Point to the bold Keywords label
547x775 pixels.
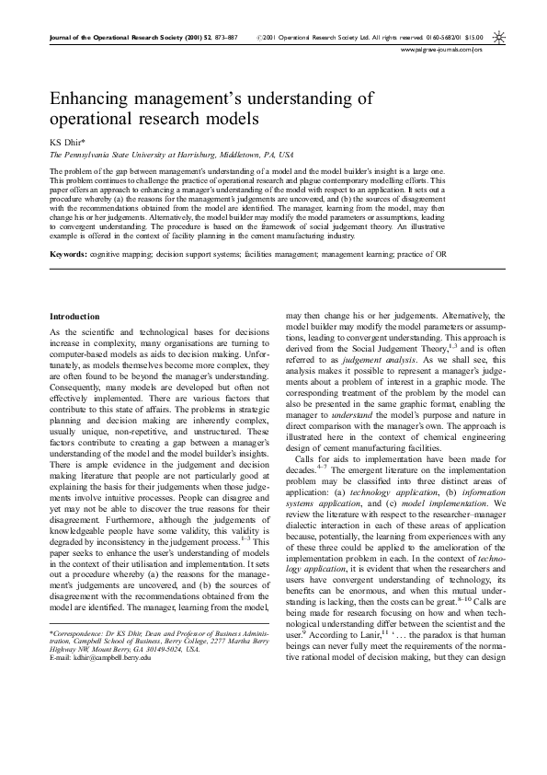[69, 227]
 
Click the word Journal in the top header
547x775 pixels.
[63, 38]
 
